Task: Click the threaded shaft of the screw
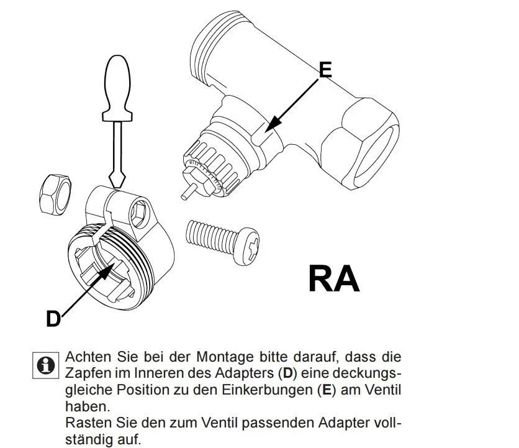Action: [x=208, y=235]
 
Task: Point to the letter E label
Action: [x=325, y=70]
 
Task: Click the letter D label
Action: [x=53, y=319]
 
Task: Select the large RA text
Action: [x=333, y=279]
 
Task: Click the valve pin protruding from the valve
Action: [x=187, y=192]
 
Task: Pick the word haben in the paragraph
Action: [x=85, y=407]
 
